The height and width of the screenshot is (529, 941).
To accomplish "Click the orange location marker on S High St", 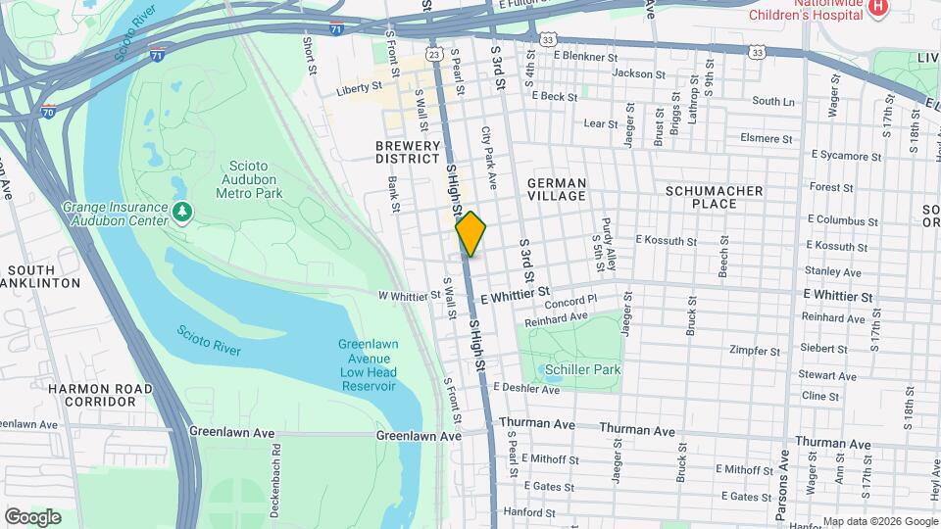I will [x=471, y=233].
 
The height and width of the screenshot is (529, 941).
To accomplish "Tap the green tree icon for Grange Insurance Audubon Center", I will [x=180, y=212].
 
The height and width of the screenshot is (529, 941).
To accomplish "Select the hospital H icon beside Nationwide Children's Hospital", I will [x=877, y=8].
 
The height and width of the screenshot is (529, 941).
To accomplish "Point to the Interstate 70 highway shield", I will [x=50, y=114].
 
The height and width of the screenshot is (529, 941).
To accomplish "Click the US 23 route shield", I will [x=434, y=55].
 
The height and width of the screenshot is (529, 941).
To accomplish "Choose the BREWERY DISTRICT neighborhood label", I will [x=408, y=151].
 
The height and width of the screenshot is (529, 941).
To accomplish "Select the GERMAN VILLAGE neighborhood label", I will [x=556, y=190].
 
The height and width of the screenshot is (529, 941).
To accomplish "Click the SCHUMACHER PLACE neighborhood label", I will [x=714, y=196].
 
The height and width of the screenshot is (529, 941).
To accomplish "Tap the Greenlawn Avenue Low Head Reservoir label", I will [x=367, y=364].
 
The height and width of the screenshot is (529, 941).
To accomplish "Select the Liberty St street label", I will [x=358, y=88].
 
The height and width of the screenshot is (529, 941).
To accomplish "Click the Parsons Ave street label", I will [x=782, y=485].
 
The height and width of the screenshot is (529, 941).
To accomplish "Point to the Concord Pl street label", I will [x=571, y=302].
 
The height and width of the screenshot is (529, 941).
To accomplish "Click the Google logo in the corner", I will [x=32, y=516].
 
